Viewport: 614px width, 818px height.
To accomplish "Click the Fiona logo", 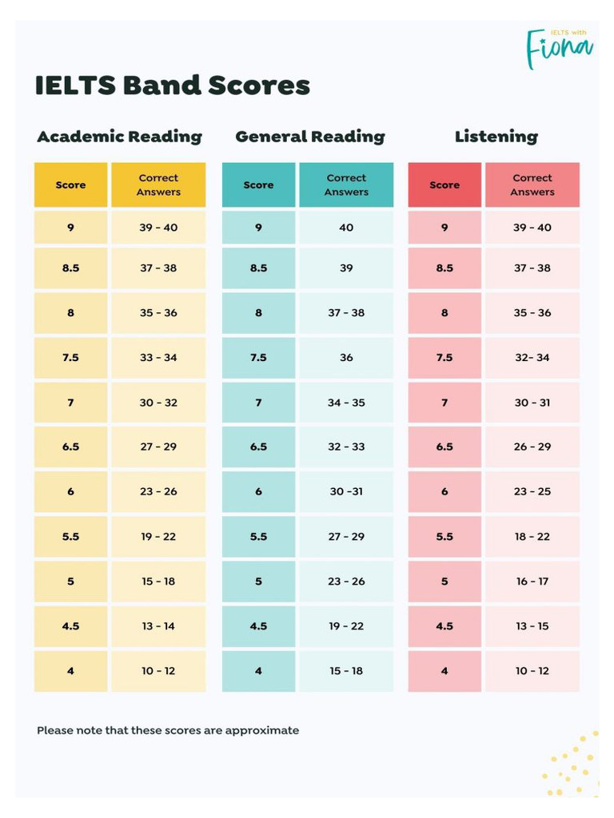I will [559, 47].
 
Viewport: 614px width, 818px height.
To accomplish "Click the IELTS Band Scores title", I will [172, 85].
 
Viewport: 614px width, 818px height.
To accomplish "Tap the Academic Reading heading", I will [119, 137].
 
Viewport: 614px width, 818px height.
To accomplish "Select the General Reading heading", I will [309, 137].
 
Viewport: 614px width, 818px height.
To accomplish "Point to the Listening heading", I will [496, 137].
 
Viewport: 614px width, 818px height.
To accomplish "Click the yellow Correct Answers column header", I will [158, 185].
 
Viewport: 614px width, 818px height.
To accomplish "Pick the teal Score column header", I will [258, 185].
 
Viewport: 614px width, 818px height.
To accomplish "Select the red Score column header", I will [445, 185].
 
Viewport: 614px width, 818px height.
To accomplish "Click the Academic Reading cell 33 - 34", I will [158, 357].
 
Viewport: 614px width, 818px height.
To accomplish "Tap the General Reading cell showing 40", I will [346, 228].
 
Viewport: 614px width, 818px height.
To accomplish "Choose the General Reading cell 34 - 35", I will [346, 403].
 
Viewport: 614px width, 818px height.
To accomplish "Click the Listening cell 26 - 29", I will [532, 447].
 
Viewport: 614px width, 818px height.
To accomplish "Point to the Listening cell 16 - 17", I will [532, 582].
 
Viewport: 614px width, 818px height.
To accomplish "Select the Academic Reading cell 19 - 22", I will [158, 537].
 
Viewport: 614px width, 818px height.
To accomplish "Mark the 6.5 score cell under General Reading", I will [258, 447].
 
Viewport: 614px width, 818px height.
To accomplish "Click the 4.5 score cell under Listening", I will [445, 626].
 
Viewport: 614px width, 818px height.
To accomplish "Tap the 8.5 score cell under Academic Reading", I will [70, 268].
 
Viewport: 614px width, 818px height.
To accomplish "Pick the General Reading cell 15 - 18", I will [346, 671].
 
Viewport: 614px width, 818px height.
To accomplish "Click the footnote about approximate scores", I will [168, 730].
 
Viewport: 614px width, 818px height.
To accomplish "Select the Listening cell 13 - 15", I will [532, 626].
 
